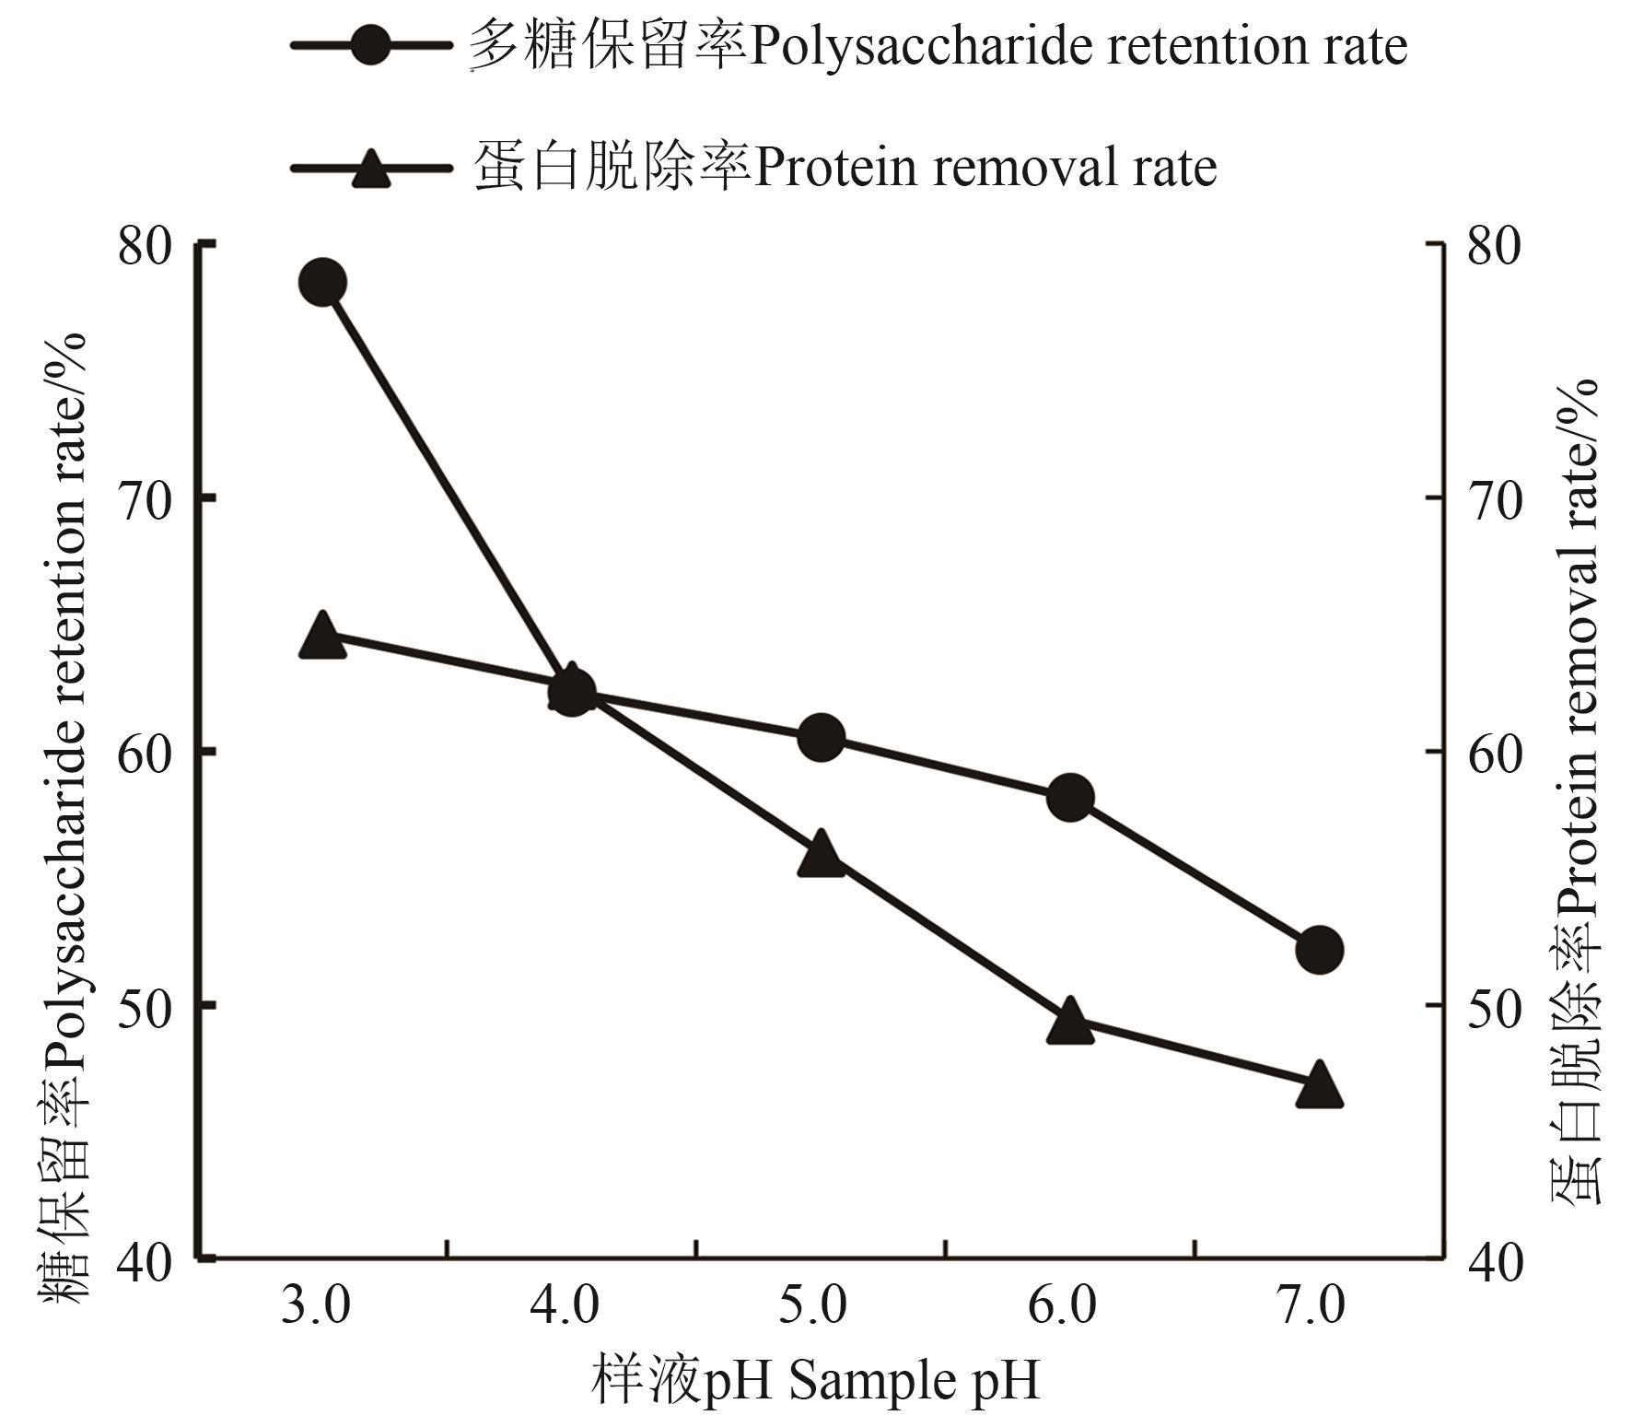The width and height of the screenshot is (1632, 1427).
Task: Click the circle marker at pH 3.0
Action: [x=322, y=282]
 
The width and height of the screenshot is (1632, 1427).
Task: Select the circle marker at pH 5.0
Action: [x=821, y=737]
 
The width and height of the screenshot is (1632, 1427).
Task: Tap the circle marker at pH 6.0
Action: [x=1070, y=797]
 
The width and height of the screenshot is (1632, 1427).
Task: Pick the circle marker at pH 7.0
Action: [x=1319, y=950]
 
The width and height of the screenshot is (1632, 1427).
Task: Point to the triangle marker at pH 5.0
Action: [x=821, y=853]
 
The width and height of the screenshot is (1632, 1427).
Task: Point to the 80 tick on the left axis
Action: [x=146, y=246]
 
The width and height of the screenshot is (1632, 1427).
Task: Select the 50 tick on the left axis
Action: [x=146, y=1006]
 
